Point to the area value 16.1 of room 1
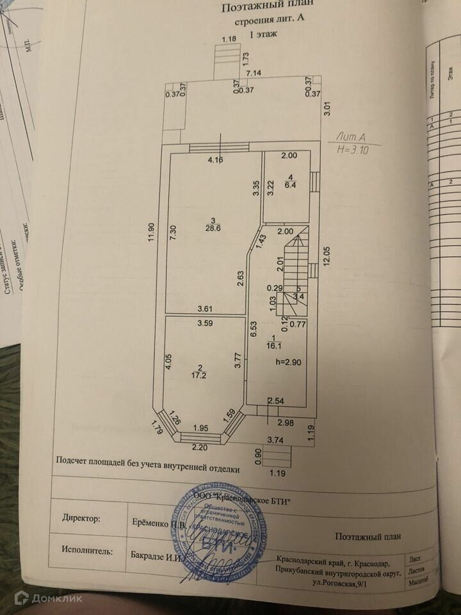click(x=274, y=344)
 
